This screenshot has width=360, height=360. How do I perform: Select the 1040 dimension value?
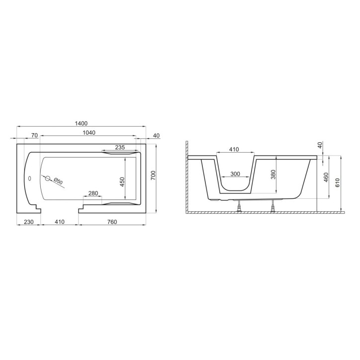click(89, 133)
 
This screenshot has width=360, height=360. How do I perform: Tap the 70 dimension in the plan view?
click(34, 135)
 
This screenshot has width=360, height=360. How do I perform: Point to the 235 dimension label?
click(120, 147)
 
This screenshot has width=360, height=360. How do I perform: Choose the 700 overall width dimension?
click(153, 175)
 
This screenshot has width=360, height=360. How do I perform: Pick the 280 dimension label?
click(93, 193)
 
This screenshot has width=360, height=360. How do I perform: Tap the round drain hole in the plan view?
click(48, 178)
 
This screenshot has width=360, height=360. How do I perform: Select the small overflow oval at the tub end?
click(28, 177)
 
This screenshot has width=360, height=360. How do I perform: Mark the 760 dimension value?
click(112, 222)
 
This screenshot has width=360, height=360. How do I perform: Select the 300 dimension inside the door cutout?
click(236, 175)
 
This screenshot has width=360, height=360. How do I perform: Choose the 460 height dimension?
click(326, 177)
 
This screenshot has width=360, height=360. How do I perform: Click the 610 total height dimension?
click(338, 182)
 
